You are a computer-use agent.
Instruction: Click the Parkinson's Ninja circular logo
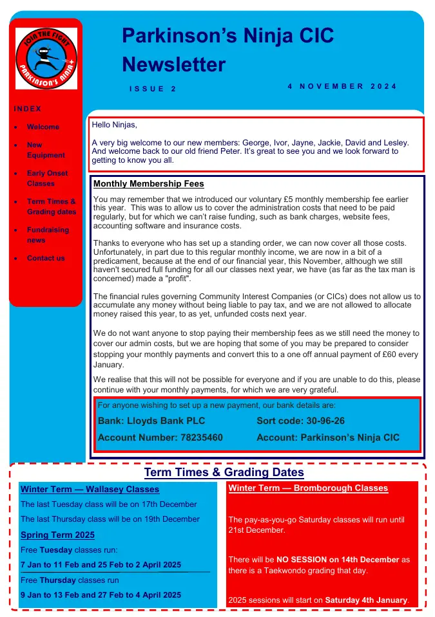click(x=46, y=59)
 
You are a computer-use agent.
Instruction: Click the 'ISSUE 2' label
click(x=153, y=89)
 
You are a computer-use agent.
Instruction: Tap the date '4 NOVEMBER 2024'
click(x=342, y=86)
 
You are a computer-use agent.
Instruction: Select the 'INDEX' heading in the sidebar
click(x=28, y=109)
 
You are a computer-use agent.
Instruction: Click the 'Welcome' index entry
click(x=43, y=127)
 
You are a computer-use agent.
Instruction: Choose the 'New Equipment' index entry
click(x=45, y=150)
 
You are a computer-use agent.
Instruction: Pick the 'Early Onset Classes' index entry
click(x=47, y=178)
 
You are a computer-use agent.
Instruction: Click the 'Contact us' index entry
click(x=46, y=258)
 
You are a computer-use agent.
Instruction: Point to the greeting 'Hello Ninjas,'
click(x=115, y=125)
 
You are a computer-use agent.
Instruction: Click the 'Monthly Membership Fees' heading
click(x=149, y=184)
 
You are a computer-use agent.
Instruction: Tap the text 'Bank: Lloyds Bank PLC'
click(x=151, y=421)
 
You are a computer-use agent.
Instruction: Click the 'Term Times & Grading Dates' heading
click(x=224, y=473)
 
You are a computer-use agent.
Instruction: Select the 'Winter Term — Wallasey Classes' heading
click(x=90, y=490)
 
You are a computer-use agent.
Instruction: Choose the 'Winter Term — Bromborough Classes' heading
click(x=308, y=488)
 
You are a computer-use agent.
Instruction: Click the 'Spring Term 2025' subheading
click(x=57, y=535)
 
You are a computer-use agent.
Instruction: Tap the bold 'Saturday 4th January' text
click(x=366, y=600)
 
